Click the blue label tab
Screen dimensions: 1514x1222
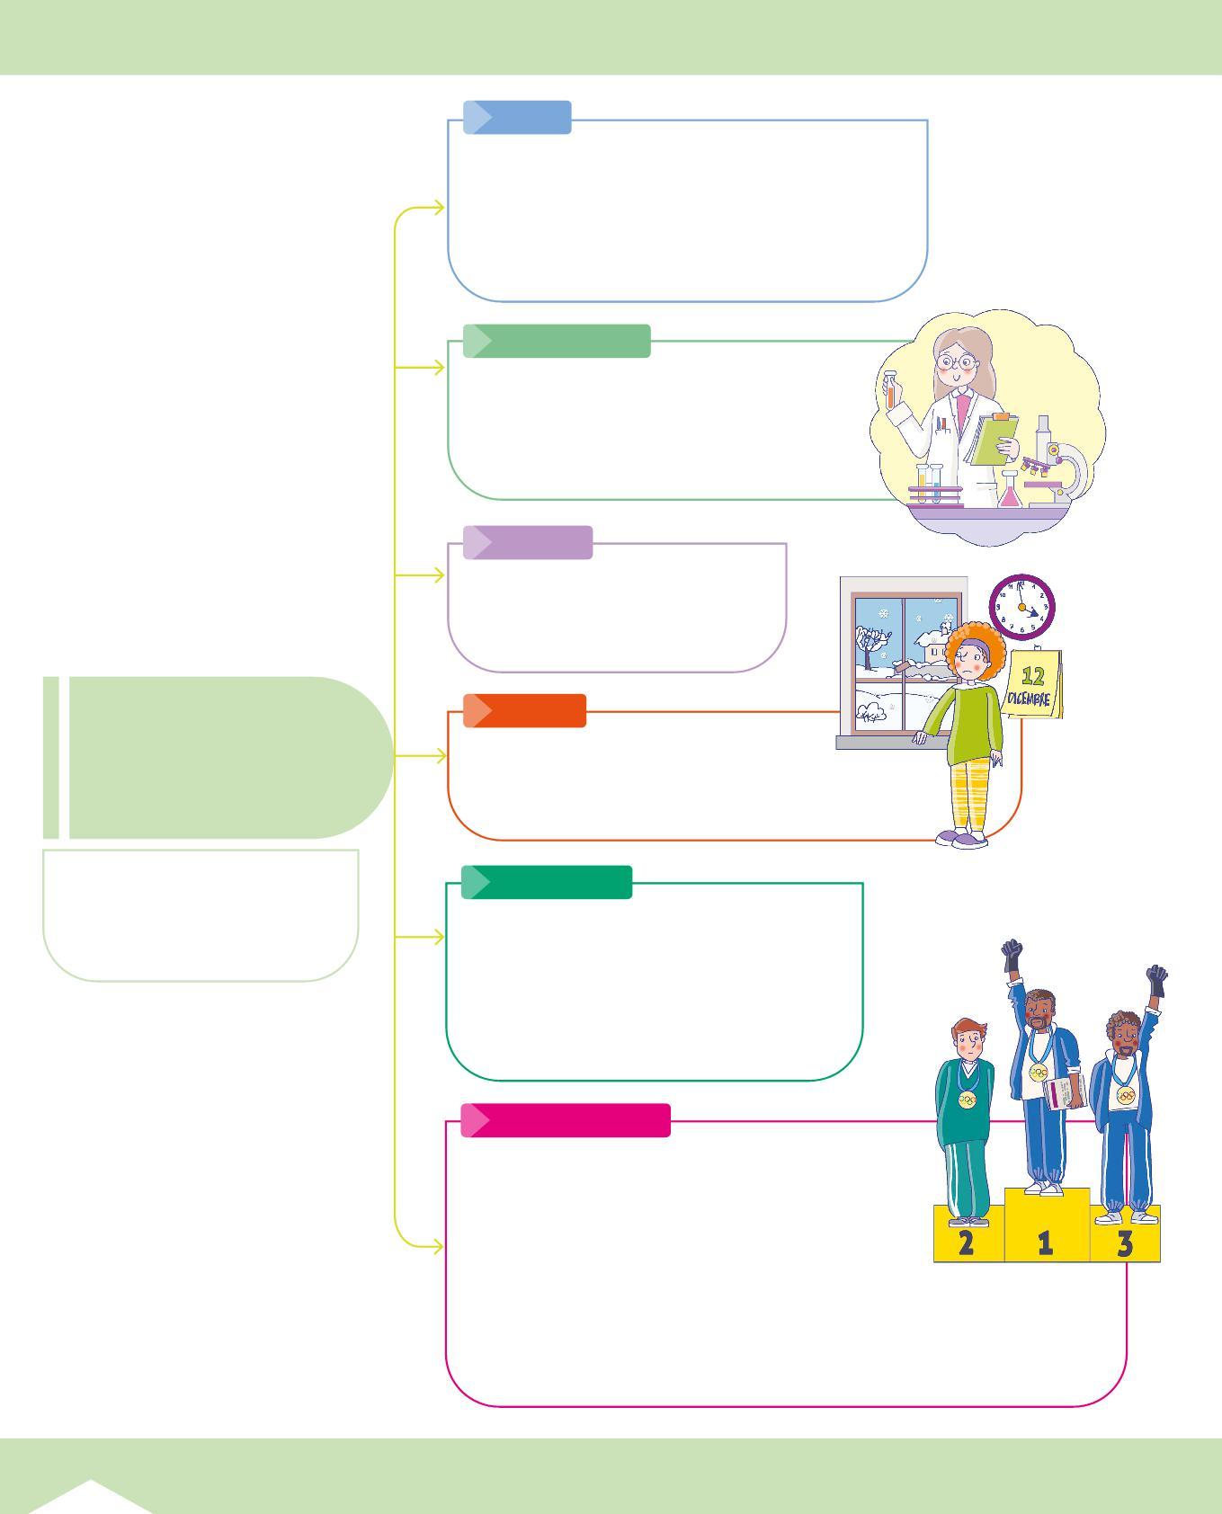[x=517, y=118]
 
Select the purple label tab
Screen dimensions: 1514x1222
[x=528, y=543]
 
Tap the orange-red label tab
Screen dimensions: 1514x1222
[x=524, y=710]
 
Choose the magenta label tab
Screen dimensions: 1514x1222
[x=566, y=1120]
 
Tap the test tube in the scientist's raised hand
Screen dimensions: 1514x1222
[x=890, y=393]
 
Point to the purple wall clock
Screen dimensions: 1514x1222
[x=1021, y=607]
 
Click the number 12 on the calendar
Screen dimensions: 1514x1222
[x=1033, y=677]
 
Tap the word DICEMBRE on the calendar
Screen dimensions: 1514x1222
[x=1030, y=699]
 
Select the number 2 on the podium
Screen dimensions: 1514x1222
[x=967, y=1242]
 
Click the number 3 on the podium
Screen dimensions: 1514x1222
[x=1125, y=1243]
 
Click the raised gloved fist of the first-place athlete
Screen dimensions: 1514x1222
[x=1012, y=952]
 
